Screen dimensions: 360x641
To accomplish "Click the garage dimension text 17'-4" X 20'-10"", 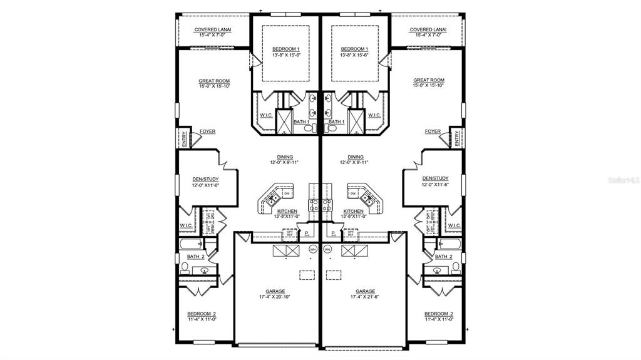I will pos(275,297).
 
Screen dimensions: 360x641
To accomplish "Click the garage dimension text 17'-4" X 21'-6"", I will pos(366,297).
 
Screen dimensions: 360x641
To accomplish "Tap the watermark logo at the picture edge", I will pos(623,180).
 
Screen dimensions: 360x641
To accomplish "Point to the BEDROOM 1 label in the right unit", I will pos(354,49).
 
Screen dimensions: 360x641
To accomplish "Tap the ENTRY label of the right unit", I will pos(457,138).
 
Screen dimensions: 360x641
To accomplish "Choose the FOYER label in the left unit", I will pos(207,131).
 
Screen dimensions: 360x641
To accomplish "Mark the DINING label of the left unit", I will pos(285,157).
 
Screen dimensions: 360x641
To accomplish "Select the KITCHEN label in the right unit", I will pos(354,211).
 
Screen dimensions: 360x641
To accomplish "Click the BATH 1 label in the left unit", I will pos(301,121).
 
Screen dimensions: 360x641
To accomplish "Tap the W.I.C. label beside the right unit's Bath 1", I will pos(374,115).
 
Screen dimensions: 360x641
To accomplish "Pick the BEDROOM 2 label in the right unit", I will pos(438,314).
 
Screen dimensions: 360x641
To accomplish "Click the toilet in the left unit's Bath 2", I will pos(185,268).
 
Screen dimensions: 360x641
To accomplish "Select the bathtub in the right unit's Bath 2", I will pos(450,244).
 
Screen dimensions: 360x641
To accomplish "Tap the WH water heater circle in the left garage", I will pos(313,249).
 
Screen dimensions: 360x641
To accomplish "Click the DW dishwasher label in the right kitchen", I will pos(354,194).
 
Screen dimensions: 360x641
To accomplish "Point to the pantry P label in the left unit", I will pos(307,234).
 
